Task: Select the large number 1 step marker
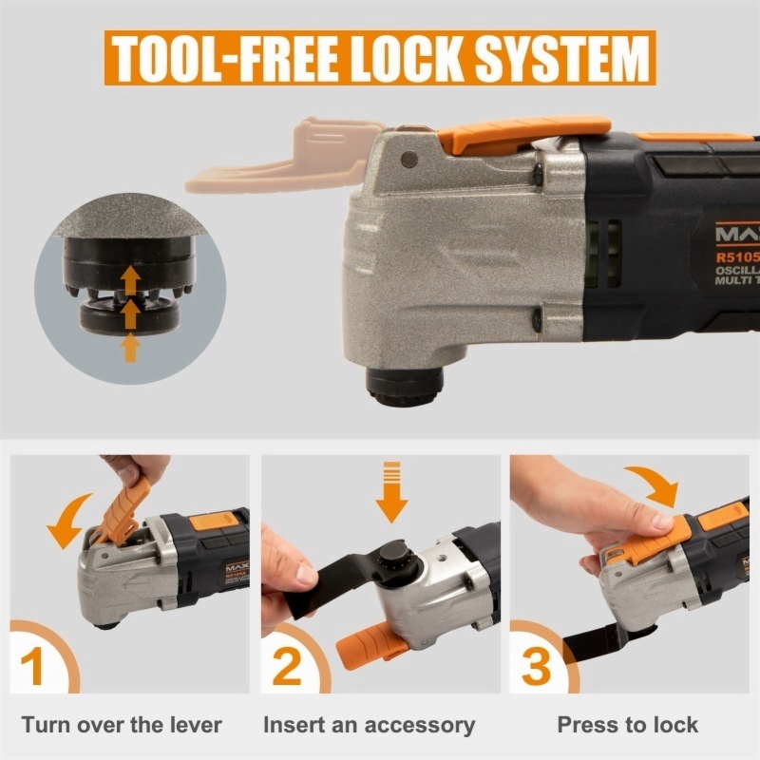point(32,664)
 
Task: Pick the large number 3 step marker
point(537,664)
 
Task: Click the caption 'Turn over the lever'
point(122,726)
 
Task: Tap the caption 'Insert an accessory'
point(369,726)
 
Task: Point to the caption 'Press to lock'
point(627,726)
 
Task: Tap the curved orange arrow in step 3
point(655,486)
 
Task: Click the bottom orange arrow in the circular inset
point(131,348)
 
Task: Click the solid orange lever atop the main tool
point(531,136)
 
